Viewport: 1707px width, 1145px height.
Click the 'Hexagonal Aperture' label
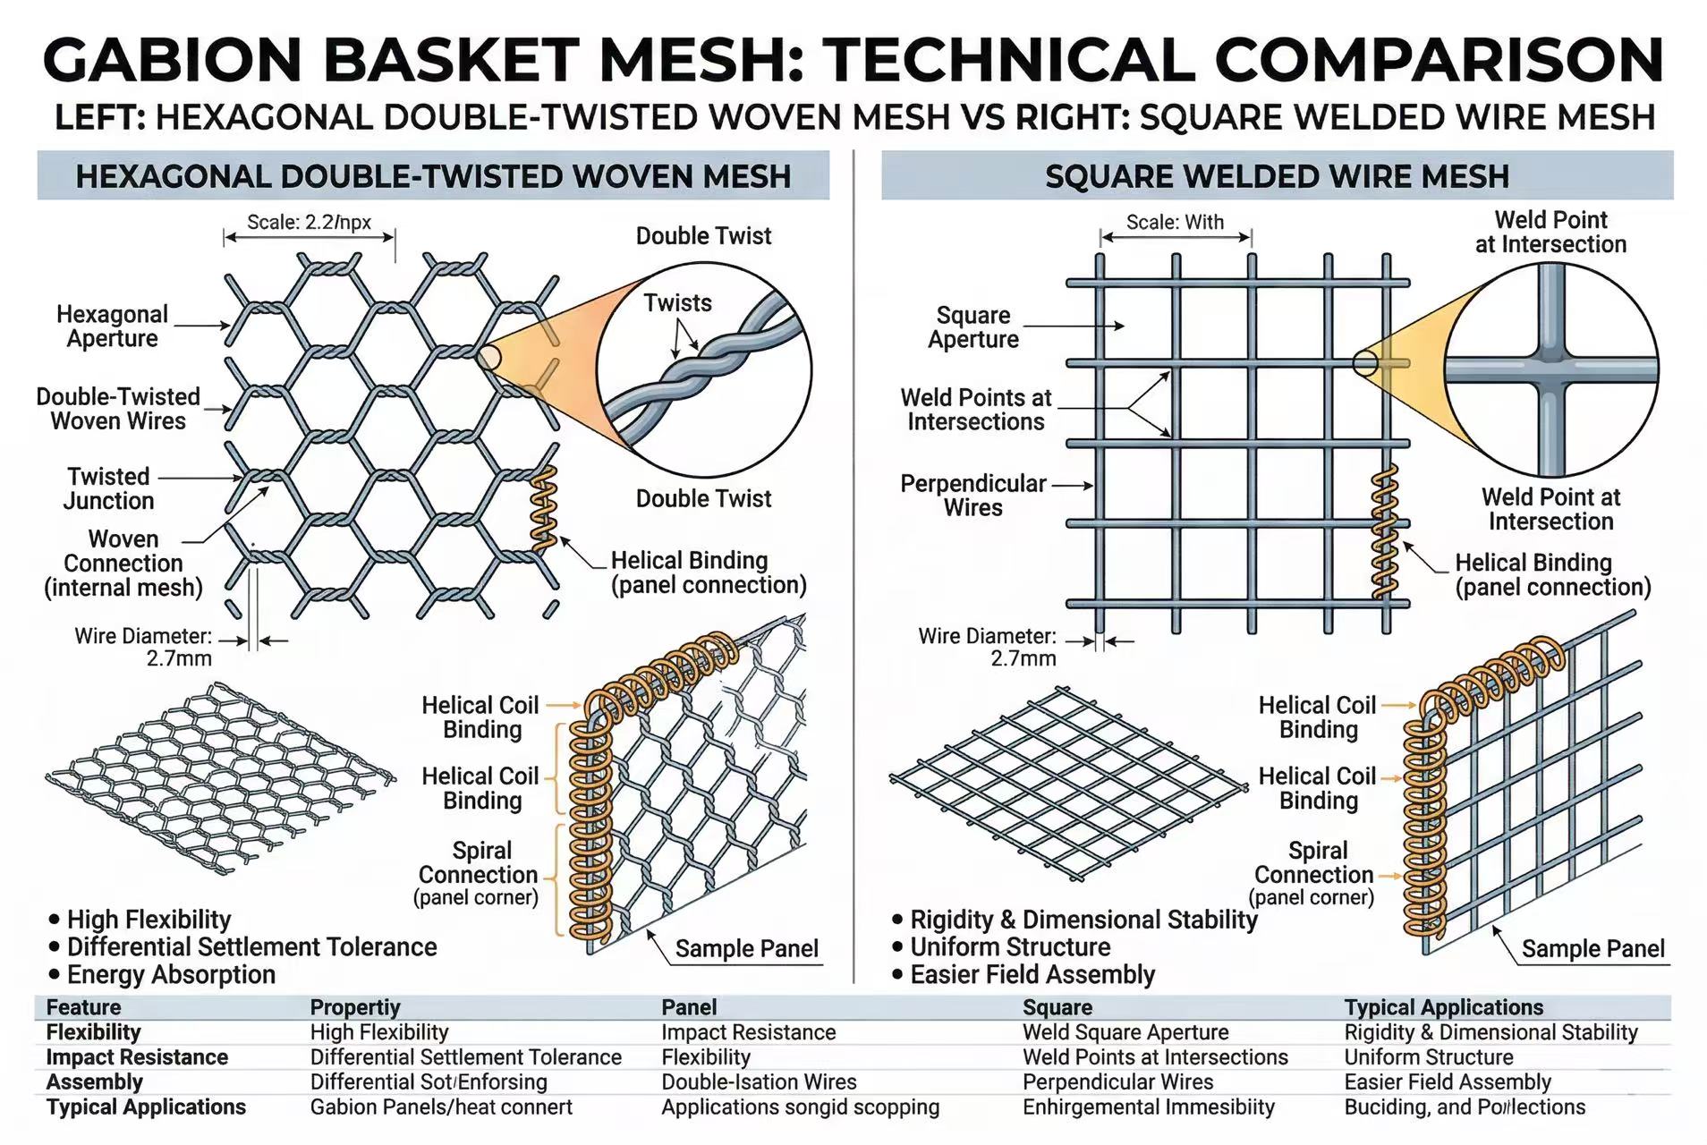[x=112, y=327]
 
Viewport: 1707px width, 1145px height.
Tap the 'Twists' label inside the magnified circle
[x=677, y=303]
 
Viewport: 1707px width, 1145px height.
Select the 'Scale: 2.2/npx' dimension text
[x=309, y=222]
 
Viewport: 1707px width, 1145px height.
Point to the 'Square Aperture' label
[x=973, y=327]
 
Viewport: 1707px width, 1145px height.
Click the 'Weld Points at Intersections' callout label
[x=975, y=410]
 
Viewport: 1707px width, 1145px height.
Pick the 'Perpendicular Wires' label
[x=973, y=496]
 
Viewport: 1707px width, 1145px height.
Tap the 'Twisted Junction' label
[x=108, y=488]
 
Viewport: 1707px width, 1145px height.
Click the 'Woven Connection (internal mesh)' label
[x=123, y=564]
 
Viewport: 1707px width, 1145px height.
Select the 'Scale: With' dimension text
[x=1175, y=222]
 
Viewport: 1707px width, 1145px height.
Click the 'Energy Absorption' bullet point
[x=171, y=974]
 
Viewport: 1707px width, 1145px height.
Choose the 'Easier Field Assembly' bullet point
[x=1032, y=974]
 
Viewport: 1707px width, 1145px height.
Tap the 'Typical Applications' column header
[x=1443, y=1007]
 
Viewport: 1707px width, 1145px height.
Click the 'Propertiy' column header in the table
[x=355, y=1007]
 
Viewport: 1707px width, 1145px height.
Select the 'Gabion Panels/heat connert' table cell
[x=441, y=1107]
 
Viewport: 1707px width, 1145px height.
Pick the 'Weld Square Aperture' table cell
[x=1125, y=1032]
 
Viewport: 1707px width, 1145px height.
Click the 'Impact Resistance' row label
[x=137, y=1057]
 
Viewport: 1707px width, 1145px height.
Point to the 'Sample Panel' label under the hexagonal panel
[x=746, y=948]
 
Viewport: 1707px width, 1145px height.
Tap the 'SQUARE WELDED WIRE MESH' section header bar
[x=1277, y=176]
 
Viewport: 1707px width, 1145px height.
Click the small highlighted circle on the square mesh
[x=1364, y=362]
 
